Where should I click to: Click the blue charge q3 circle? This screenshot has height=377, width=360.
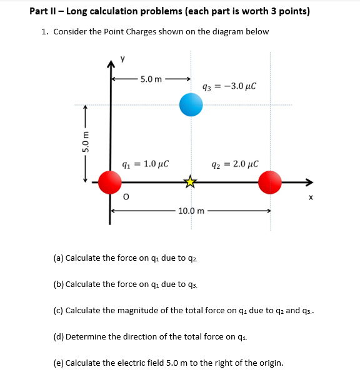pos(191,105)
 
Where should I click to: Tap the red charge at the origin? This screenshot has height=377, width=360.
pos(111,182)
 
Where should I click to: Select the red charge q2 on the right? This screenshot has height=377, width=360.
pos(271,182)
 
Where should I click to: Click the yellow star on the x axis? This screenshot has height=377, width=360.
pos(190,183)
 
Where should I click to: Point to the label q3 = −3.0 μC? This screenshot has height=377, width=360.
pos(230,86)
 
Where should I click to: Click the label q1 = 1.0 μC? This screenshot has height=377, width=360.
pos(143,164)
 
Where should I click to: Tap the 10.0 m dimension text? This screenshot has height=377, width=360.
pos(191,211)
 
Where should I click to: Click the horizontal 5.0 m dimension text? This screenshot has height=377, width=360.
pos(151,79)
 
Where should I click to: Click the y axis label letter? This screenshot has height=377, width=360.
pos(122,59)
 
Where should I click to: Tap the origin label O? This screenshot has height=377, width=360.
pos(126,199)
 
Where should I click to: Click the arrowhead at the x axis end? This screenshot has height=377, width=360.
pos(308,182)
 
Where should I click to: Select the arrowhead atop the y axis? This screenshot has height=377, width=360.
pos(111,63)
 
